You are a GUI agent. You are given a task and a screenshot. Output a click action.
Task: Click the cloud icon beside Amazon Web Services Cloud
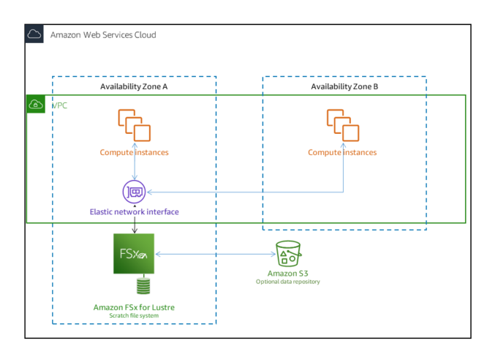[x=34, y=34]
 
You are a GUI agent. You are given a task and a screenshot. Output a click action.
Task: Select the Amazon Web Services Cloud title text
[x=102, y=34]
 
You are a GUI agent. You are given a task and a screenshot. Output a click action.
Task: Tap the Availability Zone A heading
[x=134, y=86]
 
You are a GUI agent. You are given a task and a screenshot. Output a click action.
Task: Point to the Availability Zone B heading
[x=344, y=86]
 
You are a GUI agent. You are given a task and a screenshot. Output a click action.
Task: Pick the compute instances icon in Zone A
[x=134, y=124]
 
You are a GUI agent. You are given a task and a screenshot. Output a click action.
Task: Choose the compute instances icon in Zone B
[x=342, y=124]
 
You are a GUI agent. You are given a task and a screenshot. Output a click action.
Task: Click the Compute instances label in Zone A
[x=134, y=152]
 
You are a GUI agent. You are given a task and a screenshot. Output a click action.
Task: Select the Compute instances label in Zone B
[x=342, y=152]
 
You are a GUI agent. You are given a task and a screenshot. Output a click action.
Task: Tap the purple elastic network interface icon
[x=135, y=192]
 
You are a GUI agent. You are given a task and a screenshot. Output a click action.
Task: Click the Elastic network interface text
[x=134, y=211]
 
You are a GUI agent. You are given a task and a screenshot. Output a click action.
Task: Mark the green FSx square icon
[x=134, y=254]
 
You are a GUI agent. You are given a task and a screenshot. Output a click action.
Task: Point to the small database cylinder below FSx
[x=134, y=286]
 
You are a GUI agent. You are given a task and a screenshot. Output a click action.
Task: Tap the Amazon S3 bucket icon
[x=287, y=254]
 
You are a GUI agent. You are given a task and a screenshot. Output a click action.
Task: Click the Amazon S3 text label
[x=287, y=273]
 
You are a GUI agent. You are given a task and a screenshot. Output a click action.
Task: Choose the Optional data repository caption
[x=287, y=281]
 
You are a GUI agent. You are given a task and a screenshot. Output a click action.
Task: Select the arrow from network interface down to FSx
[x=135, y=224]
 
